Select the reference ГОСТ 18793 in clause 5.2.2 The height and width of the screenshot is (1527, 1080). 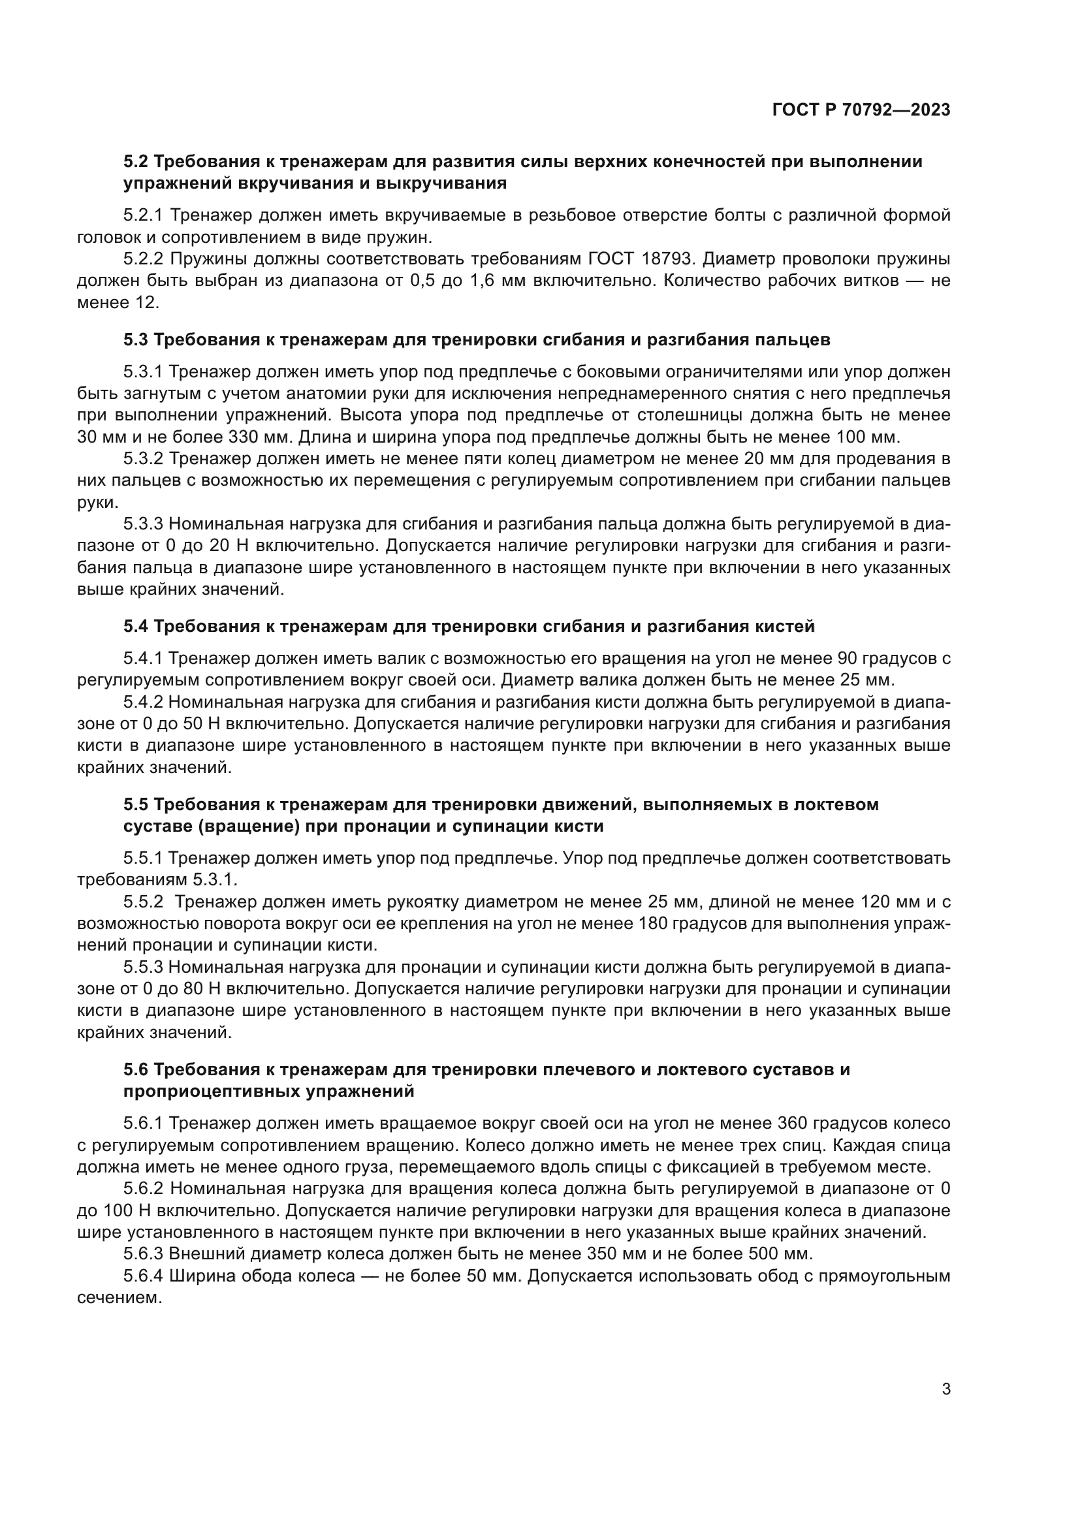pos(645,259)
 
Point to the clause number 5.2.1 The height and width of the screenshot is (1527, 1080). pos(143,215)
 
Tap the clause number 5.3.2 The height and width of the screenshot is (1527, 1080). pos(143,458)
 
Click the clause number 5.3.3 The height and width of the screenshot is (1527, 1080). pos(143,524)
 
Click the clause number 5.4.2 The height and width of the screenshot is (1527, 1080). pos(143,702)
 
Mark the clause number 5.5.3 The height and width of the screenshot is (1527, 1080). pos(143,967)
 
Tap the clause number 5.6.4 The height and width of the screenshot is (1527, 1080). pos(143,1276)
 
